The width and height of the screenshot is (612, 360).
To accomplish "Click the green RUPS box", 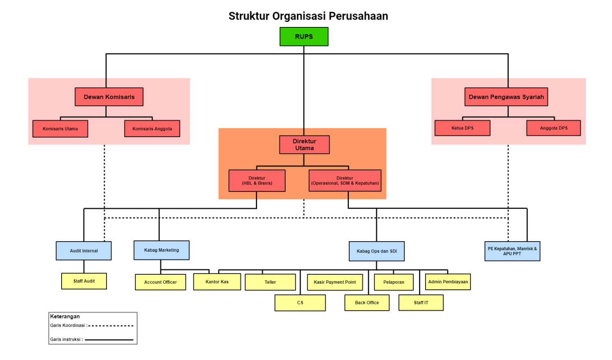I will click(x=304, y=37).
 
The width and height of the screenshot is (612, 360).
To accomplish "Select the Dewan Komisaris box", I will click(x=109, y=97).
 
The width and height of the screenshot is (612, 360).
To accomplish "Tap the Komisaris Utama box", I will click(x=60, y=129).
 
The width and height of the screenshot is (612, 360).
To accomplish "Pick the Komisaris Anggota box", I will click(x=152, y=129).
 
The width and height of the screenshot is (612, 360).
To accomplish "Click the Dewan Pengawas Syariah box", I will click(x=506, y=97).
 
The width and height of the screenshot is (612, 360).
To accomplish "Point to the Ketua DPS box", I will click(x=462, y=128).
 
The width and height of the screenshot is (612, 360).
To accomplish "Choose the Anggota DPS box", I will click(x=554, y=128).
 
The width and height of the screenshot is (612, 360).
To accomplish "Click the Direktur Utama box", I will click(x=304, y=144).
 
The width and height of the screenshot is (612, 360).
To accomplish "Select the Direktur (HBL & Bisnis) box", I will click(x=257, y=181).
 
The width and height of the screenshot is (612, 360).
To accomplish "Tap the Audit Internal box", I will click(x=84, y=251).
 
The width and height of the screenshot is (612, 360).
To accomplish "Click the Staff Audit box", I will click(x=84, y=281).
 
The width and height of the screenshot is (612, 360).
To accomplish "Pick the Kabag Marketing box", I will click(x=162, y=250).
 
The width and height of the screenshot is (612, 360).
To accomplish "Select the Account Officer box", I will click(x=160, y=282).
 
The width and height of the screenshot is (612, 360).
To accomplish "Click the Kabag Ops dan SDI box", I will click(x=377, y=251).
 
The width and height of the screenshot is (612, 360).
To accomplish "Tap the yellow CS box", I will click(x=300, y=303).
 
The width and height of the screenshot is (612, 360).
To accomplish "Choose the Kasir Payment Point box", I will click(x=335, y=282).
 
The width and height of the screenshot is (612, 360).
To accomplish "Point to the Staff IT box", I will click(x=421, y=303).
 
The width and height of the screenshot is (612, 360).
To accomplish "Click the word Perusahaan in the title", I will click(x=358, y=16).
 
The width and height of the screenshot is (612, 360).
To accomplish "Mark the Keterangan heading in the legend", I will click(x=65, y=316).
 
